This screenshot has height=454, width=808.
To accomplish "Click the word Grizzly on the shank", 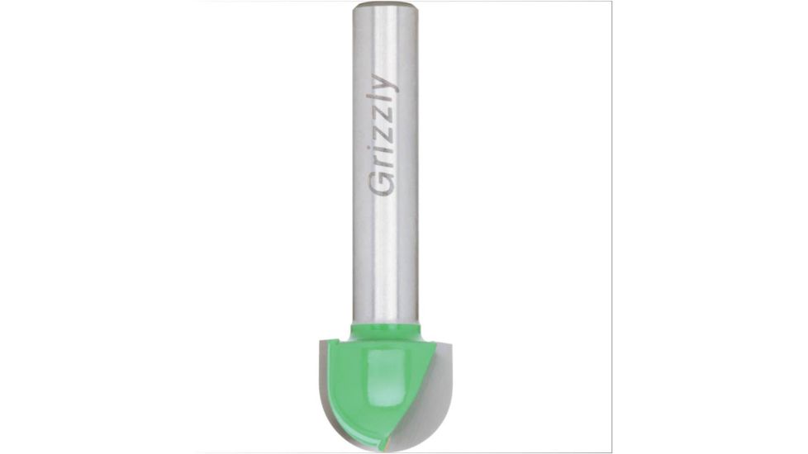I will pos(382,135).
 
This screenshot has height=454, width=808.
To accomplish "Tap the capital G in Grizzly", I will pos(382,185).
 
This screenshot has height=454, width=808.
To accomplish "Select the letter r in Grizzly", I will pos(383,165).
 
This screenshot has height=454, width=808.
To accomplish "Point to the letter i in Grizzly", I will pos(382,154).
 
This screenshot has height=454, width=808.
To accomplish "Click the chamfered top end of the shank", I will pos(385,7).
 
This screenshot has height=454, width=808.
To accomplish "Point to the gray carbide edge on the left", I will pos(327,380).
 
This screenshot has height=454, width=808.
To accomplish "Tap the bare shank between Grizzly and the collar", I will pos(385,264).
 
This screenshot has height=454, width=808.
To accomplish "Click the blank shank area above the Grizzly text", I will pos(385,45).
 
